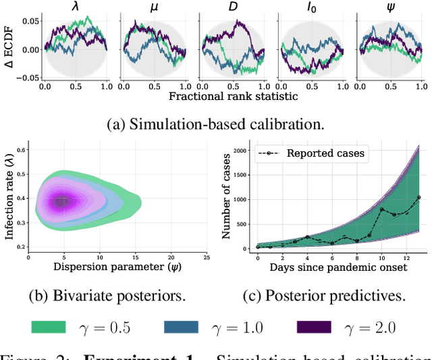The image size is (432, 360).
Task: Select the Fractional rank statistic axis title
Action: [x=232, y=96]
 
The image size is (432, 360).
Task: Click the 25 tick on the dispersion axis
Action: [x=206, y=257]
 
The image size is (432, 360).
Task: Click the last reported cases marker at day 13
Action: [x=418, y=198]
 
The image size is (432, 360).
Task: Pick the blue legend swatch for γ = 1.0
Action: [x=181, y=327]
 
